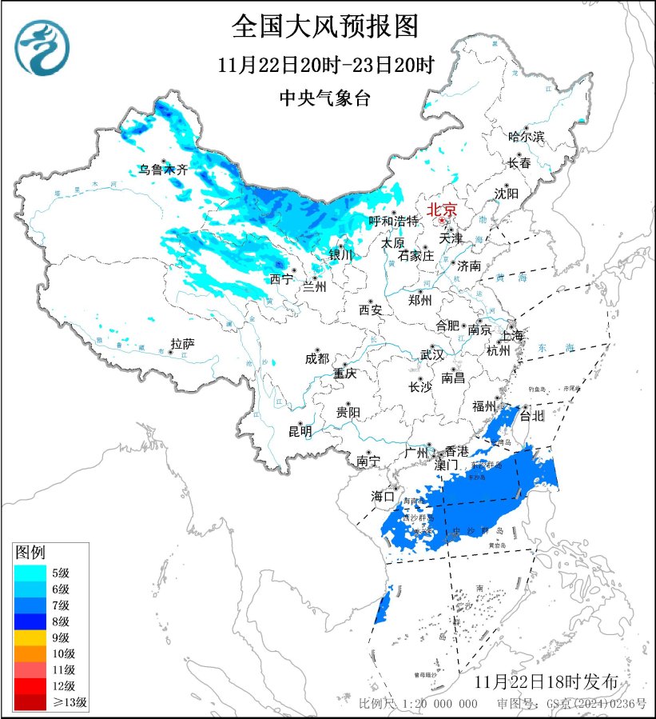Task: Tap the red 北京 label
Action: [441, 210]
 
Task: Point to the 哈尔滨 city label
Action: [526, 137]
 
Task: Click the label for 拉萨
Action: [182, 344]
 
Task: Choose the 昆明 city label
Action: [300, 432]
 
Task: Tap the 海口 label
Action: [383, 497]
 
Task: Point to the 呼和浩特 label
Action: [393, 221]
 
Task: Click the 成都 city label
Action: [316, 358]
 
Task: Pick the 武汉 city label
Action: [432, 354]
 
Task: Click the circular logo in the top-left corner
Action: [42, 47]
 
